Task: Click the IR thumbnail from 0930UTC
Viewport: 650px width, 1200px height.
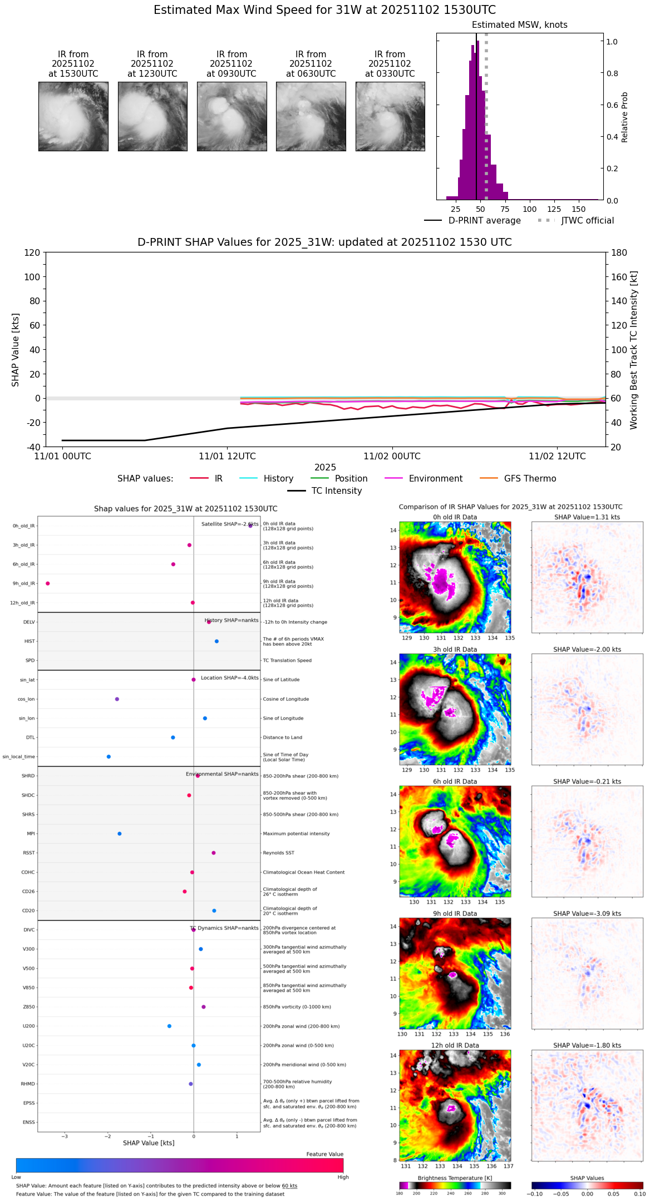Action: [x=232, y=116]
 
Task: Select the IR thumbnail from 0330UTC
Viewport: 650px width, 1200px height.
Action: [x=390, y=116]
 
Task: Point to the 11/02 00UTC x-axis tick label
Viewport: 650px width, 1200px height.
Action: [x=392, y=457]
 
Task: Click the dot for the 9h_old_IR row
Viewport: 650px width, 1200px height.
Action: [x=48, y=583]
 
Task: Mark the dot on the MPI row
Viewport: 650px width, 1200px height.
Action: [x=120, y=834]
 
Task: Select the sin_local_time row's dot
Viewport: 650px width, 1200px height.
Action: [x=109, y=757]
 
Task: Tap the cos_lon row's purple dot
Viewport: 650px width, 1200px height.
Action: [x=117, y=699]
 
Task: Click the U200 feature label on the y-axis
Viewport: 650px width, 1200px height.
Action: [x=28, y=1026]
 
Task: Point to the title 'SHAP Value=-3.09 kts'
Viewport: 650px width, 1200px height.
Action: [x=587, y=914]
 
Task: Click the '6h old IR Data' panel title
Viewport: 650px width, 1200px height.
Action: [x=455, y=781]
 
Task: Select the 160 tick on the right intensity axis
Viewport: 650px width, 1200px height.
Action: [x=619, y=277]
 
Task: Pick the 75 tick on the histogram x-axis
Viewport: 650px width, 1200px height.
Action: [x=505, y=210]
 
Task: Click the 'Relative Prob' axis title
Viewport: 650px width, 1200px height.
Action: [x=625, y=117]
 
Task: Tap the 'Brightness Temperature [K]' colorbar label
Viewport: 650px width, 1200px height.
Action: [x=455, y=1178]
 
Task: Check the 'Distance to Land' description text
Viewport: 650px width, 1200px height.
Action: [x=282, y=737]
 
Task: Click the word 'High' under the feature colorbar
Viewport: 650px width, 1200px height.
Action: [x=343, y=1177]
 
